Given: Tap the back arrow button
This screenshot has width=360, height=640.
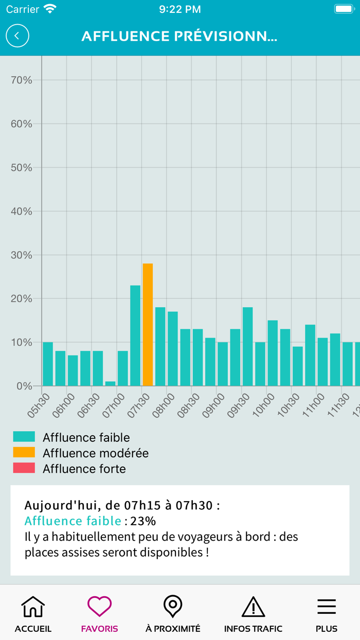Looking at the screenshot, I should click(x=17, y=36).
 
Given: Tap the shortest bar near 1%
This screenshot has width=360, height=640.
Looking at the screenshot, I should click(x=110, y=383).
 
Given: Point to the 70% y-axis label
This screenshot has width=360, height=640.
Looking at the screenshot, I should click(x=21, y=80).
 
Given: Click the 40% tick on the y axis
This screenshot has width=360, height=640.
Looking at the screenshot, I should click(x=21, y=211).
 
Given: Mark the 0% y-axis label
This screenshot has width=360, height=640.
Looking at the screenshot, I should click(x=24, y=386).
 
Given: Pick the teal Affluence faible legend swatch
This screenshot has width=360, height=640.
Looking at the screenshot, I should click(x=24, y=437).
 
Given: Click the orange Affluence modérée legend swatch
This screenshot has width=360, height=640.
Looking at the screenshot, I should click(x=24, y=453).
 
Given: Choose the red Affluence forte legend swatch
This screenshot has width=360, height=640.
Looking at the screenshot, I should click(x=24, y=468).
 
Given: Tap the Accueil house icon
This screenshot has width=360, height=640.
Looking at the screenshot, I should click(x=33, y=608).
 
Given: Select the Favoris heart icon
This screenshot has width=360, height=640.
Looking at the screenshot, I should click(x=99, y=607).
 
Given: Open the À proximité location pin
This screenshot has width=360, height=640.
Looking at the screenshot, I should click(x=173, y=607).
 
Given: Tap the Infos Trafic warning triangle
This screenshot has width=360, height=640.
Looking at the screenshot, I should click(x=253, y=607).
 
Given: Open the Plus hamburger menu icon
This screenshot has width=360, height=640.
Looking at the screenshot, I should click(x=327, y=607).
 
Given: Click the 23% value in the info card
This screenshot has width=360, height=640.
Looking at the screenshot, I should click(x=143, y=521).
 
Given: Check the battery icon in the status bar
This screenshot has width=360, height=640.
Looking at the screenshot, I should click(x=344, y=9).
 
